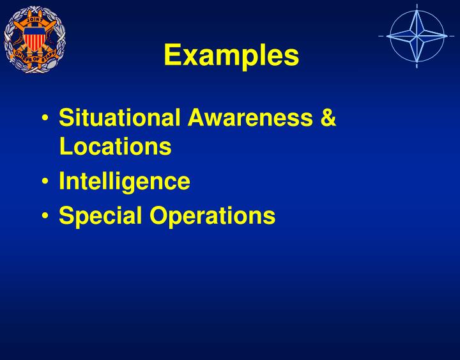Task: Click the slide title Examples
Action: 231,56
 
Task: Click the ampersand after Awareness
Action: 328,118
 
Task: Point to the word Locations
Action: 115,146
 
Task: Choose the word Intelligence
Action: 125,181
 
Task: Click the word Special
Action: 100,215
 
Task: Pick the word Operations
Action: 213,215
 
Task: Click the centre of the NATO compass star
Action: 416,36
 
